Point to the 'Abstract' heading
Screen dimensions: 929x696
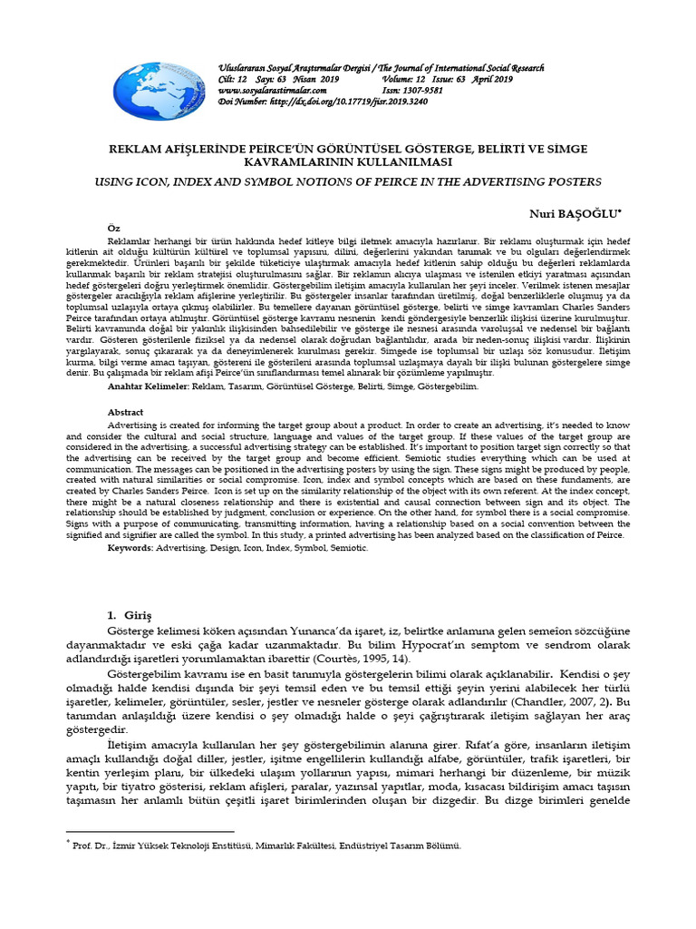click(125, 411)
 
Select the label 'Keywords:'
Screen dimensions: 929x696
click(130, 549)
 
